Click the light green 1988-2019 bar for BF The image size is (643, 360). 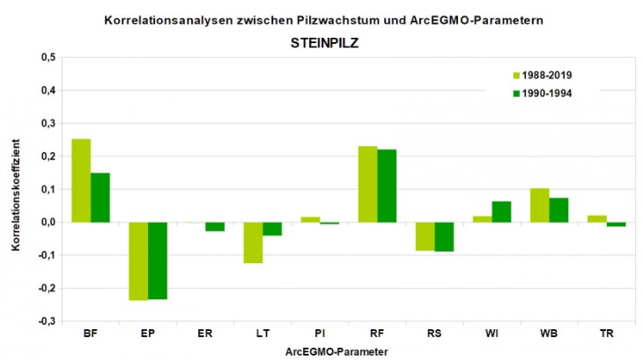pos(81,180)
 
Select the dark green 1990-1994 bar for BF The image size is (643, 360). pos(100,197)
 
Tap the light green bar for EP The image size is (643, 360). pos(138,261)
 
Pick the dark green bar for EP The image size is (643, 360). pos(158,261)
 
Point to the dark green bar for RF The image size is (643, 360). pos(387,186)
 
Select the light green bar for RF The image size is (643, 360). pos(367,184)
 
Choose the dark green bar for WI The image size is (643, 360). pos(501,212)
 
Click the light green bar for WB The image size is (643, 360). pos(539,205)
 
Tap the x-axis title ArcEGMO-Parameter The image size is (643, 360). pos(336,351)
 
